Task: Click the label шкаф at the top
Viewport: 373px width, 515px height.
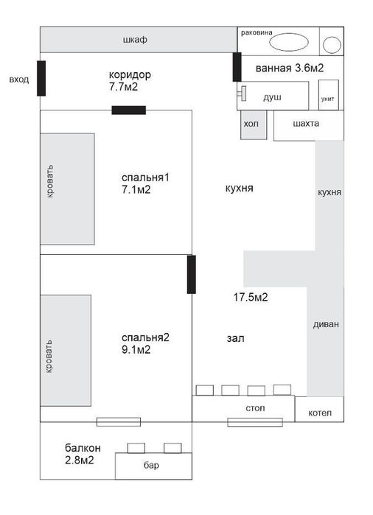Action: [136, 41]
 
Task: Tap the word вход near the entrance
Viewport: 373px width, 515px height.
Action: [19, 79]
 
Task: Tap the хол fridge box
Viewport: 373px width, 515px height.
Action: [252, 125]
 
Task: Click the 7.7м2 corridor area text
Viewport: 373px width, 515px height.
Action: [124, 87]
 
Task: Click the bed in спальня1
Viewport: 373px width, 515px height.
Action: [68, 189]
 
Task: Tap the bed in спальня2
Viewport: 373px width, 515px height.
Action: [66, 350]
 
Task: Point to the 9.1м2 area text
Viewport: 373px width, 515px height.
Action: [136, 350]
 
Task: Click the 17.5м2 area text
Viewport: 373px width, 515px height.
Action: [250, 298]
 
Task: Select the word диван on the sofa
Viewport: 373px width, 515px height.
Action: [325, 325]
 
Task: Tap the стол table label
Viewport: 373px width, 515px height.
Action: [255, 407]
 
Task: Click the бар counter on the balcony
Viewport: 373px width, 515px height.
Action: [151, 466]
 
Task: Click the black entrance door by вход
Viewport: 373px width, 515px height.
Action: [41, 78]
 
